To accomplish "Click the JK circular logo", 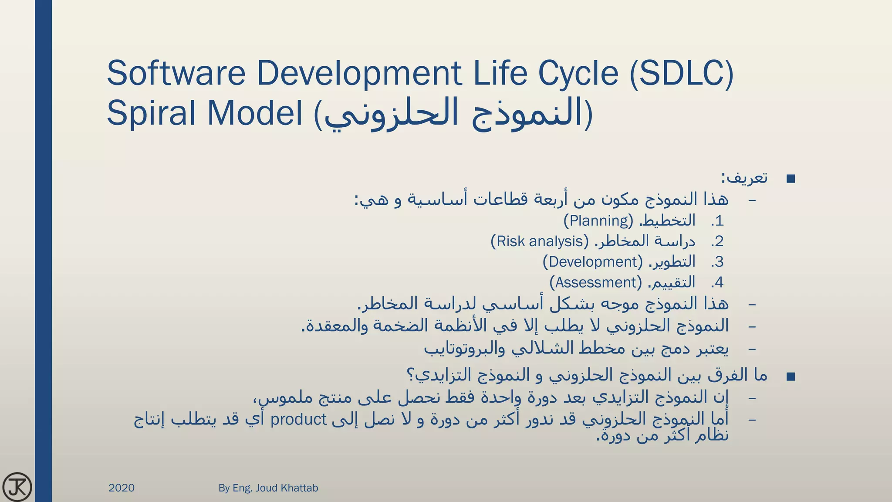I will click(x=17, y=487).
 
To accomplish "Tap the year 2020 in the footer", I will click(x=121, y=488).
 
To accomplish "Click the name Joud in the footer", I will click(x=266, y=488).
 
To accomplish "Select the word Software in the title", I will click(x=176, y=73).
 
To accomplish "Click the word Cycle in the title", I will click(x=578, y=73).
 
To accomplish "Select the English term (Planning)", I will click(x=598, y=220).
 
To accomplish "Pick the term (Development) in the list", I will click(x=593, y=262).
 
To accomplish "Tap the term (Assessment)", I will click(x=596, y=282).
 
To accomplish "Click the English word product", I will click(x=298, y=420).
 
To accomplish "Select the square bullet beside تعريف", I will click(x=791, y=179).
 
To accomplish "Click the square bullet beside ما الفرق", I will click(x=791, y=376).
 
